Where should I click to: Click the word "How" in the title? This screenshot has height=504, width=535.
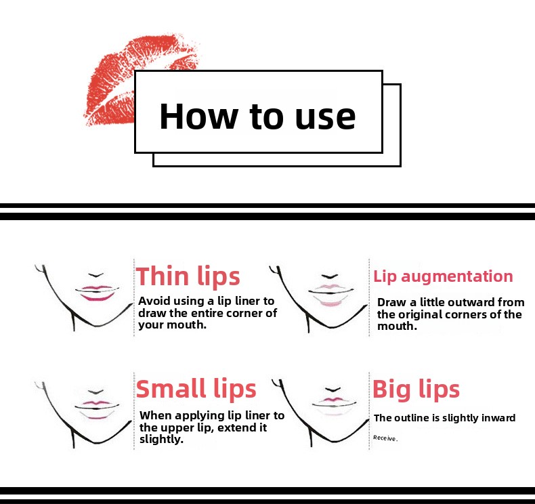point(198,117)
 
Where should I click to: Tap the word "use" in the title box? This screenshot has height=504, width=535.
point(325,118)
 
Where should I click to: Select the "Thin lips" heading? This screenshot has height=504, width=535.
point(188,276)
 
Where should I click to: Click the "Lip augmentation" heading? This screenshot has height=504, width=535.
point(443,276)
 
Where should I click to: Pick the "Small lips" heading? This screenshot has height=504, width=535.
point(196,388)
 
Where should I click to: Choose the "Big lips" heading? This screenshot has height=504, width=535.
point(416,389)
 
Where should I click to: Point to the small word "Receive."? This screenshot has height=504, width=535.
point(385,438)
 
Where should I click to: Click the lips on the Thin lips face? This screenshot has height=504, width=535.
point(98,293)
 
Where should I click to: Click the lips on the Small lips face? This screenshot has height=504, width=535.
point(97,409)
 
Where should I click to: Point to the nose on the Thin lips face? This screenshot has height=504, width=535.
point(96,274)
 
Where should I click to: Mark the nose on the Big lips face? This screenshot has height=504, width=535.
point(333,390)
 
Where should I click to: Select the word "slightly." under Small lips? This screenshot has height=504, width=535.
point(161,439)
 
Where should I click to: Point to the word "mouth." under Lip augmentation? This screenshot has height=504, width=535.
point(397,327)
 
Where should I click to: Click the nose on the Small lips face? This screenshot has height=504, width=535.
point(95,392)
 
